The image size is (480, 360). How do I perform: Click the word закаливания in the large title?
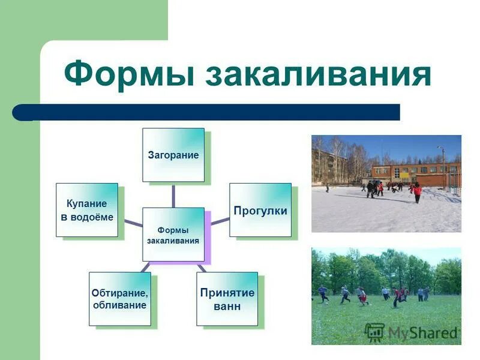(x=318, y=75)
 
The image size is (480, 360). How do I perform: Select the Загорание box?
(x=173, y=155)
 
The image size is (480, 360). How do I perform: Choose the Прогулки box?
(x=260, y=210)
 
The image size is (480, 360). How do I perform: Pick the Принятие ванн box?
(x=227, y=299)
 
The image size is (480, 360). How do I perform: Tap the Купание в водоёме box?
(x=86, y=210)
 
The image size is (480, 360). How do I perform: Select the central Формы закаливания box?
(x=173, y=235)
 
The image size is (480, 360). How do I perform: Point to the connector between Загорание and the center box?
(x=173, y=194)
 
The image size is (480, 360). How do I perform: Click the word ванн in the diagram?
(x=227, y=306)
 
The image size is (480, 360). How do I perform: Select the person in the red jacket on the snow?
(x=417, y=191)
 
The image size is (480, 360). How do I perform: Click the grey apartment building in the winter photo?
(x=329, y=165)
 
